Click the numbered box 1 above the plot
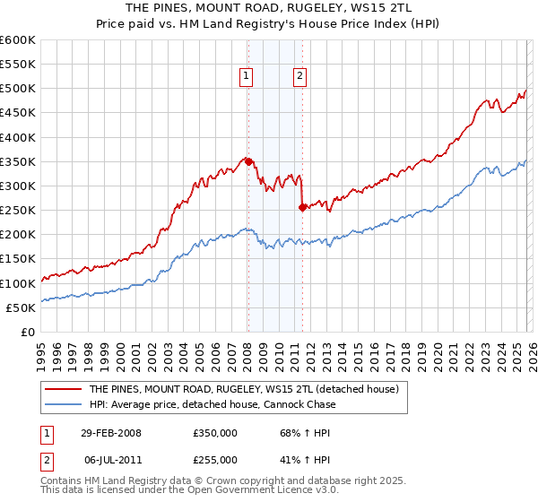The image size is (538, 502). (246, 77)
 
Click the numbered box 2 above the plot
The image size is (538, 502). (299, 77)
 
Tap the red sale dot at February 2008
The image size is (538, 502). (248, 162)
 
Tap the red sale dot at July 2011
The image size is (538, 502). (302, 208)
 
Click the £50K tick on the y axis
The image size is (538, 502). (21, 307)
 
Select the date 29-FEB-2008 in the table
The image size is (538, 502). (110, 432)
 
